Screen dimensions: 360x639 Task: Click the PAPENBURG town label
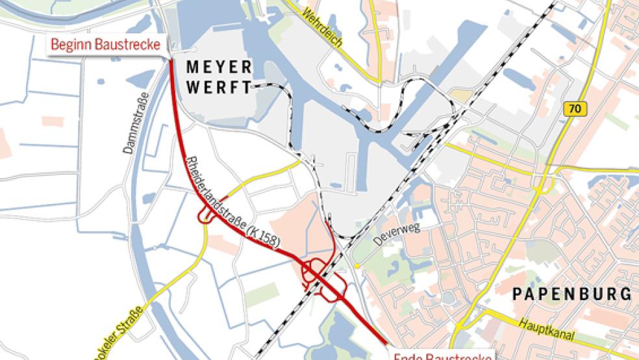(571, 294)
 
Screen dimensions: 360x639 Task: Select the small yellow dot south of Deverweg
(357, 266)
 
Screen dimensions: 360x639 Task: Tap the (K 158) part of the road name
(267, 238)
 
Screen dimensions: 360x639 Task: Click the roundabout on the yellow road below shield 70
(539, 188)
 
